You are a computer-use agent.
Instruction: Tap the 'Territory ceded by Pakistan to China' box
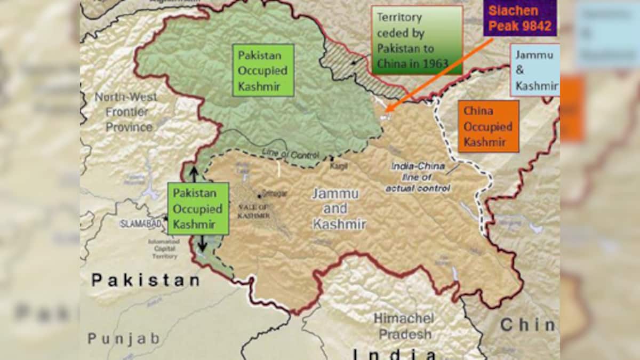click(x=417, y=40)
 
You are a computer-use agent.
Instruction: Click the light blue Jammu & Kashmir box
click(x=535, y=70)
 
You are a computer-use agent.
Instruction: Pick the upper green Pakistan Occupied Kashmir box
click(x=263, y=70)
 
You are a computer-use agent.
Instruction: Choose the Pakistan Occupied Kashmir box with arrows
click(x=198, y=209)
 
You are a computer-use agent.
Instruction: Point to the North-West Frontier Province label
click(x=126, y=112)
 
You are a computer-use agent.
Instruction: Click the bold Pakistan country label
click(x=146, y=279)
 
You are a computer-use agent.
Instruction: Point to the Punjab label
click(x=124, y=338)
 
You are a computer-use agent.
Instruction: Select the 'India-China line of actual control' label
click(x=418, y=177)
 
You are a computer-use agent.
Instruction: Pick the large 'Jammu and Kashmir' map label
click(x=339, y=209)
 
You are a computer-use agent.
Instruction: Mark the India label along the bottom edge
click(x=395, y=354)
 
